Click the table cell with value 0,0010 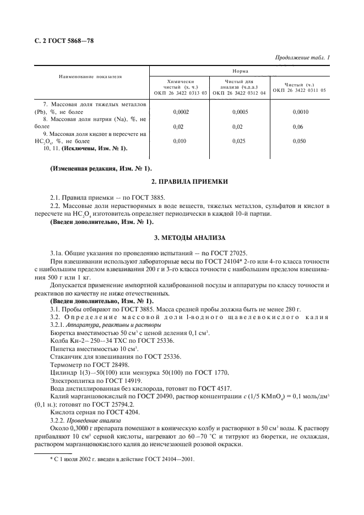(x=301, y=112)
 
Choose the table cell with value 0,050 (x=301, y=141)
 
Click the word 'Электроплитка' (x=71, y=380)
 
